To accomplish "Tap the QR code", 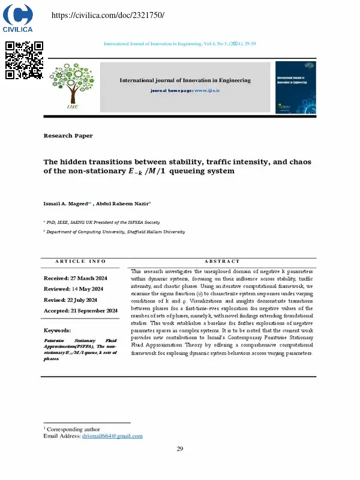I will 24,60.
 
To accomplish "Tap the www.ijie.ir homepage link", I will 207,90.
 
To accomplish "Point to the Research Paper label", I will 68,136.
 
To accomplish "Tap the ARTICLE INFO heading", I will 80,261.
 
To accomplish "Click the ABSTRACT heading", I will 221,261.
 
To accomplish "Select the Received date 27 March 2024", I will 76,278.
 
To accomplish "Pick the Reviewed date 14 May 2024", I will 74,289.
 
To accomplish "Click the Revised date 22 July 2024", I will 70,300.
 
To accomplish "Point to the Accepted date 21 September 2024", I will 80,311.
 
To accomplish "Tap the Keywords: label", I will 57,331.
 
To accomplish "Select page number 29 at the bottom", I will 179,449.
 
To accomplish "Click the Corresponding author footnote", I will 73,429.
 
